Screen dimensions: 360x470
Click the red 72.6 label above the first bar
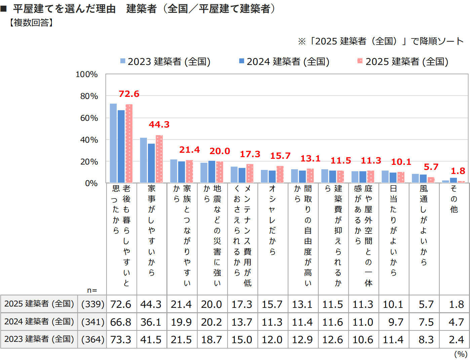[129, 94]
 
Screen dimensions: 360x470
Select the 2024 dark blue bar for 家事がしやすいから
[151, 163]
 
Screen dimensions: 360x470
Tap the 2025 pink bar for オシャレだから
[280, 174]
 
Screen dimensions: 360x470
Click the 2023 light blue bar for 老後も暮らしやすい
[113, 143]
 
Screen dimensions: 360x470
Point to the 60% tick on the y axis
[89, 118]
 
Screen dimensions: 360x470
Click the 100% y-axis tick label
[87, 74]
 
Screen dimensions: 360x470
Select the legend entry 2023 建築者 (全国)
[165, 62]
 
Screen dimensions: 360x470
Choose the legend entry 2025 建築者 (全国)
[403, 62]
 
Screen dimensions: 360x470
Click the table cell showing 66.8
[121, 322]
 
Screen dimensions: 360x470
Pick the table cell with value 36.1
[151, 322]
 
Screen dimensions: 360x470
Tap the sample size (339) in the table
[93, 304]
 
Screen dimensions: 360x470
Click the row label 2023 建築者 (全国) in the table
[39, 339]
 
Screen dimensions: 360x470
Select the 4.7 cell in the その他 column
[456, 322]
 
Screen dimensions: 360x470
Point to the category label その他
[454, 199]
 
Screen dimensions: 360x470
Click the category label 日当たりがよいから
[393, 230]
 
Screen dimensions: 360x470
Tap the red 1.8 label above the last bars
[458, 171]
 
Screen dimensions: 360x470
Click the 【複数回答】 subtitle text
[31, 23]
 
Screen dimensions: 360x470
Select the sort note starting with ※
[381, 41]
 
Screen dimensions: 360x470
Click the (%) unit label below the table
[461, 354]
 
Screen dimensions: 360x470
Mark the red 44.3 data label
[159, 124]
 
